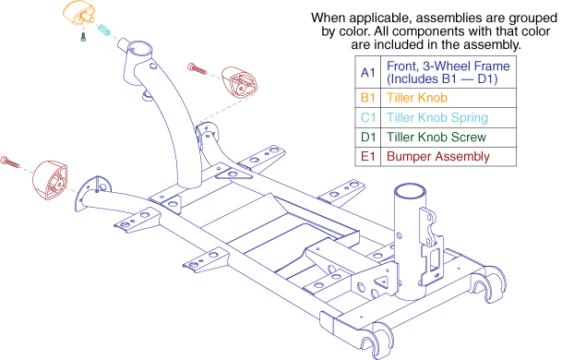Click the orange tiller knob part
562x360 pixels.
(78, 14)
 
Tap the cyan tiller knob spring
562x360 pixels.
(104, 30)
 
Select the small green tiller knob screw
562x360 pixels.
(83, 37)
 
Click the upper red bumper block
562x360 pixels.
(239, 81)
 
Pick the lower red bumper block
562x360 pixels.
(50, 180)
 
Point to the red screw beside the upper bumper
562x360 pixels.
(197, 68)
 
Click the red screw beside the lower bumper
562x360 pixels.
(9, 162)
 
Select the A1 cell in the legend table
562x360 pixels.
(367, 72)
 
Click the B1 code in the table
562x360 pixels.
(368, 98)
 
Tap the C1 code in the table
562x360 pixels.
(368, 117)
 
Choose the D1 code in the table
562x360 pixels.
(368, 137)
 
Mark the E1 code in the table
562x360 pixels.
(368, 156)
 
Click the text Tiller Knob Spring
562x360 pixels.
(437, 117)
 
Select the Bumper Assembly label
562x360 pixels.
(438, 157)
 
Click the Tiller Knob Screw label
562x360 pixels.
(436, 137)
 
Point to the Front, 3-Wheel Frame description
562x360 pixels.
(448, 72)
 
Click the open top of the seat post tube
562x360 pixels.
(410, 191)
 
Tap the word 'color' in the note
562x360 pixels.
(534, 31)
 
